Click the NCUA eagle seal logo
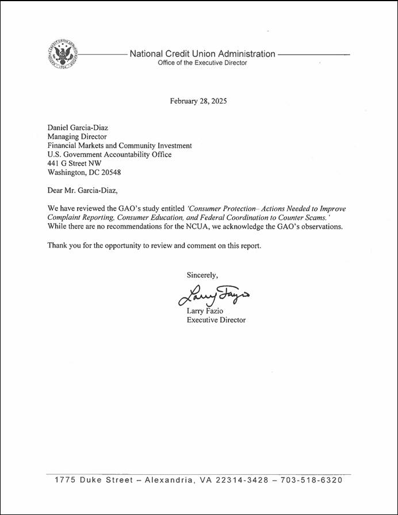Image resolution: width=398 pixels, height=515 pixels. click(61, 55)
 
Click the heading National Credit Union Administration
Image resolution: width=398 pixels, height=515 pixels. click(202, 54)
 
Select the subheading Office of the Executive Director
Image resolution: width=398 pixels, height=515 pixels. click(202, 63)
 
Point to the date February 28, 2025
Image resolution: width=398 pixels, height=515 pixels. click(198, 101)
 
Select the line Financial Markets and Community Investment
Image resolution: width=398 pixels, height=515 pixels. click(120, 146)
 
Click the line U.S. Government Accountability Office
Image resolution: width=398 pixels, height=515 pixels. click(109, 154)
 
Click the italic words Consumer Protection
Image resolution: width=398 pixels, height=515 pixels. click(220, 208)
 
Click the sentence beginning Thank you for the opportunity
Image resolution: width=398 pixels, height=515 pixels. click(154, 246)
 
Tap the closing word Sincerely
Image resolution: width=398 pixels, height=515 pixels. click(202, 275)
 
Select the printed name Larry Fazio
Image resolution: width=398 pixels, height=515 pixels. click(206, 311)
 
